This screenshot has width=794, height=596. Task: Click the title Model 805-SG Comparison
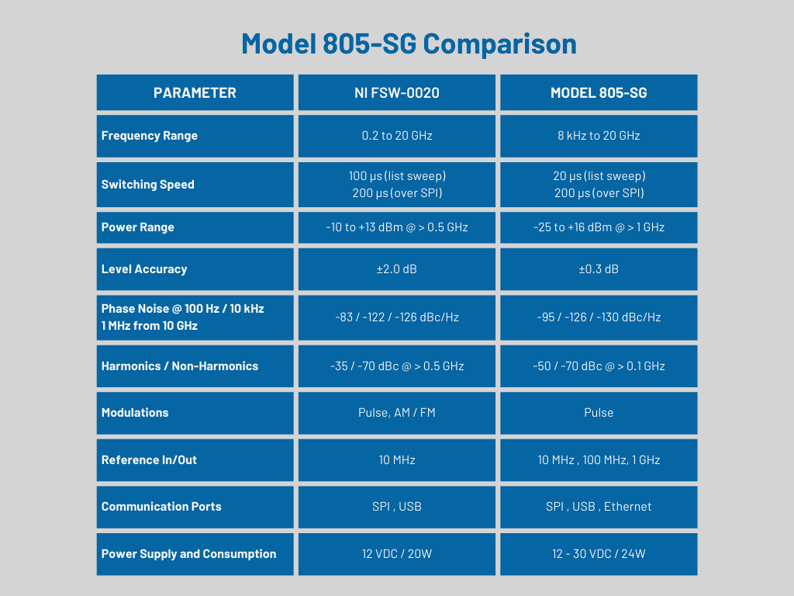pyautogui.click(x=409, y=43)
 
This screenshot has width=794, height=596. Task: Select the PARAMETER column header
pyautogui.click(x=195, y=93)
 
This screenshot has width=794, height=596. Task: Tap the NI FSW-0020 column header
pyautogui.click(x=397, y=93)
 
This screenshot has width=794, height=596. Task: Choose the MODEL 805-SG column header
pyautogui.click(x=599, y=93)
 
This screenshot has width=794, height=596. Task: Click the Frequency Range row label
pyautogui.click(x=150, y=136)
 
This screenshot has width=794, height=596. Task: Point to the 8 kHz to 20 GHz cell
pyautogui.click(x=599, y=136)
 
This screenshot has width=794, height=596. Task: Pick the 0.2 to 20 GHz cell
pyautogui.click(x=397, y=136)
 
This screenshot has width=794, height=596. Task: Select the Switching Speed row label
pyautogui.click(x=148, y=185)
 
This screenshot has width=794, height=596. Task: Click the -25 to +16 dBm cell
pyautogui.click(x=599, y=227)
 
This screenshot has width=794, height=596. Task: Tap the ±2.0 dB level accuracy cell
pyautogui.click(x=397, y=269)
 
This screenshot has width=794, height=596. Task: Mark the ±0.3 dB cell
pyautogui.click(x=599, y=269)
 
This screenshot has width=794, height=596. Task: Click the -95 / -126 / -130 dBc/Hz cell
pyautogui.click(x=599, y=317)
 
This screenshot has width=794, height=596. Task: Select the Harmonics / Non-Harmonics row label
pyautogui.click(x=180, y=366)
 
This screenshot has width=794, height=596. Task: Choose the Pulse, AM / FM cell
pyautogui.click(x=397, y=413)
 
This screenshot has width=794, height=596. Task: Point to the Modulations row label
pyautogui.click(x=135, y=413)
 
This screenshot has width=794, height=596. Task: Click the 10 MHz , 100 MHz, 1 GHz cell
pyautogui.click(x=599, y=460)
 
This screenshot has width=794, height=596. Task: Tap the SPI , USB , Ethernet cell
pyautogui.click(x=599, y=507)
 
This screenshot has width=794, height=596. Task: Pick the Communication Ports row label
pyautogui.click(x=161, y=507)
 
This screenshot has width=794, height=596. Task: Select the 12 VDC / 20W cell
pyautogui.click(x=397, y=554)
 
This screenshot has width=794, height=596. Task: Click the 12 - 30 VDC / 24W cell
pyautogui.click(x=599, y=554)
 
